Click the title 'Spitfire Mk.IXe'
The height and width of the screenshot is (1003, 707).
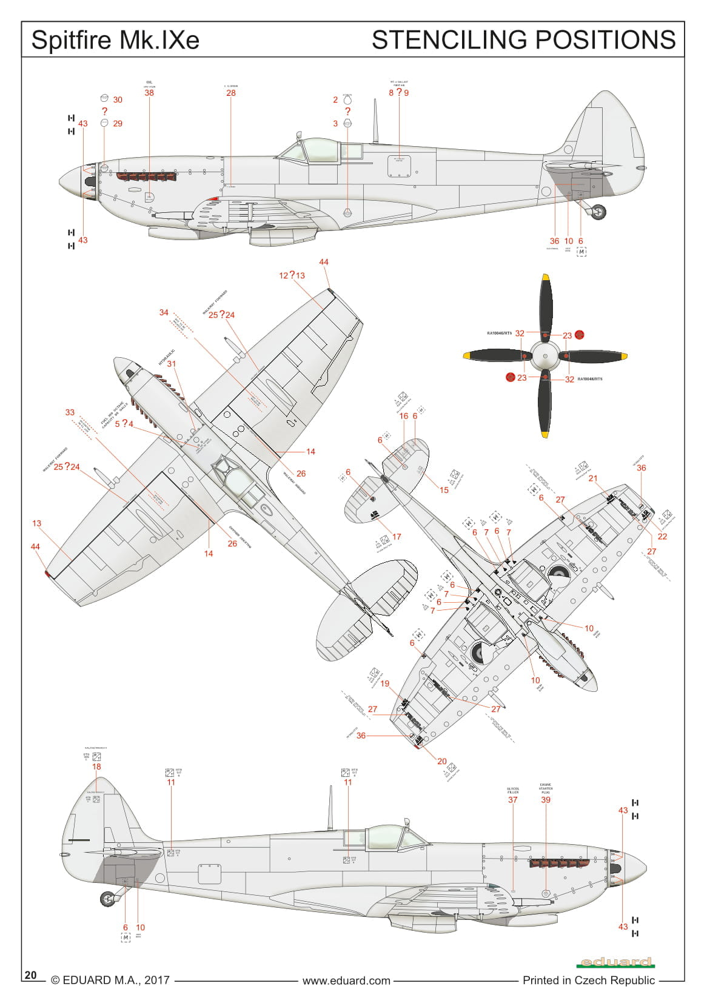pyautogui.click(x=115, y=40)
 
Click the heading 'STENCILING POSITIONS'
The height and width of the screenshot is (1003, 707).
pyautogui.click(x=523, y=40)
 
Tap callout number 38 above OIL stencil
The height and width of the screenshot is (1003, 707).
pyautogui.click(x=149, y=93)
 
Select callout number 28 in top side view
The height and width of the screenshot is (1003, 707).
pyautogui.click(x=231, y=93)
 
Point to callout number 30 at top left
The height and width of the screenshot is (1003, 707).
pyautogui.click(x=118, y=99)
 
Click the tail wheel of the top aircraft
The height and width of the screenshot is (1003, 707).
pyautogui.click(x=598, y=212)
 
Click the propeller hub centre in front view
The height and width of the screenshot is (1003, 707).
pyautogui.click(x=545, y=356)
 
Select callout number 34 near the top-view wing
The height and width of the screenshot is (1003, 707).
pyautogui.click(x=164, y=312)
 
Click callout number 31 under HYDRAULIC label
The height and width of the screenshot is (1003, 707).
pyautogui.click(x=172, y=364)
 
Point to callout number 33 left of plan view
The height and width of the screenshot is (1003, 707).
pyautogui.click(x=70, y=412)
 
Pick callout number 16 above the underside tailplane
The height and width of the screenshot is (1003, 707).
pyautogui.click(x=404, y=416)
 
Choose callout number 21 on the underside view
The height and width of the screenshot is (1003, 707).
pyautogui.click(x=593, y=478)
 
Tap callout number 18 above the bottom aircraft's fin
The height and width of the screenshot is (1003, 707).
pyautogui.click(x=96, y=767)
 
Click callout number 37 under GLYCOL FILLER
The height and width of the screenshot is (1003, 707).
pyautogui.click(x=513, y=800)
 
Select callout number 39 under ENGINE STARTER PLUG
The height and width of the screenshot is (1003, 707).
pyautogui.click(x=546, y=800)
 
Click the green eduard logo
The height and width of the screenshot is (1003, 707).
pyautogui.click(x=615, y=962)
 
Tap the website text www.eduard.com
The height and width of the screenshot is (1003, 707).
pyautogui.click(x=346, y=980)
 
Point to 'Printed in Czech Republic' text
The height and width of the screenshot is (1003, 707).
pyautogui.click(x=589, y=980)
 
